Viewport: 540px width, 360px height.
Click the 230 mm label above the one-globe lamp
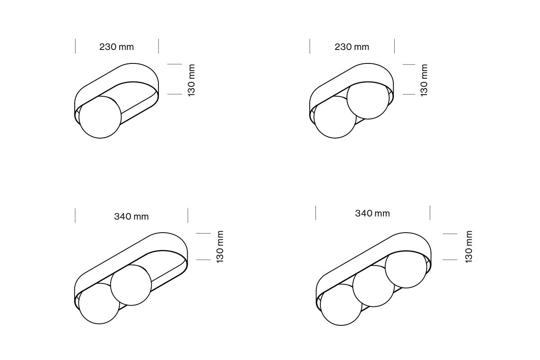coord(117,47)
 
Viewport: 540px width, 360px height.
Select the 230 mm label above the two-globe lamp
coord(352,47)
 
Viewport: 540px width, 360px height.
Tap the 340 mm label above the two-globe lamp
coord(131,216)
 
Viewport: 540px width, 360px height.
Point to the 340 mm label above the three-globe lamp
coord(373,213)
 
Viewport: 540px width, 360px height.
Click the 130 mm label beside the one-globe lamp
coord(191,80)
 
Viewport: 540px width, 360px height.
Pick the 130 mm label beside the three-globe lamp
coord(468,247)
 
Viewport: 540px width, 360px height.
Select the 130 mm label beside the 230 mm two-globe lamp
coord(424,80)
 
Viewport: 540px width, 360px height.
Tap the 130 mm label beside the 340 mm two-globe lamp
coord(220,247)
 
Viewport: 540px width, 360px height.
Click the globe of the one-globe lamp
coord(100,117)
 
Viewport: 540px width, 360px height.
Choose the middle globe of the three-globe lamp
coord(373,286)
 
